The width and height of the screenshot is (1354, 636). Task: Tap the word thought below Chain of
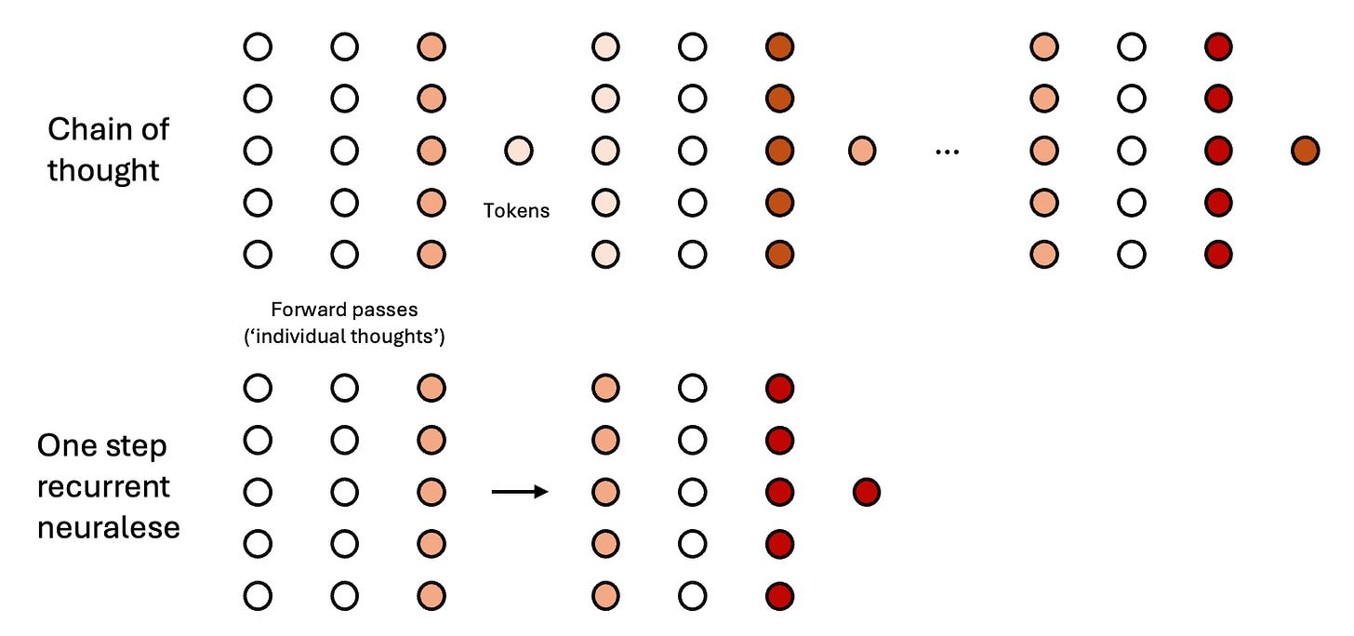[103, 170]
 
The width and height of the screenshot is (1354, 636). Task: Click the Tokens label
[516, 211]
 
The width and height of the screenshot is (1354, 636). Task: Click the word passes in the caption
[380, 310]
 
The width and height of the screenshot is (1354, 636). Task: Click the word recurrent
[103, 486]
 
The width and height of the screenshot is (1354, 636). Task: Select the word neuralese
[108, 527]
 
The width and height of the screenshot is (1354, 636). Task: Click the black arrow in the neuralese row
[520, 493]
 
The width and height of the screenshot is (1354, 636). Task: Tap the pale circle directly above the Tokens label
[518, 151]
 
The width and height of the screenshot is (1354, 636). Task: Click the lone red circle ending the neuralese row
[866, 492]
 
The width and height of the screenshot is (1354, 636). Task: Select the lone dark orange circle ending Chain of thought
[1305, 151]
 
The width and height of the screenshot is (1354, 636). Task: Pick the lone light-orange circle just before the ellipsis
[862, 151]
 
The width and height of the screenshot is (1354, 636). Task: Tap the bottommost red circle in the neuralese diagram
[779, 596]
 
